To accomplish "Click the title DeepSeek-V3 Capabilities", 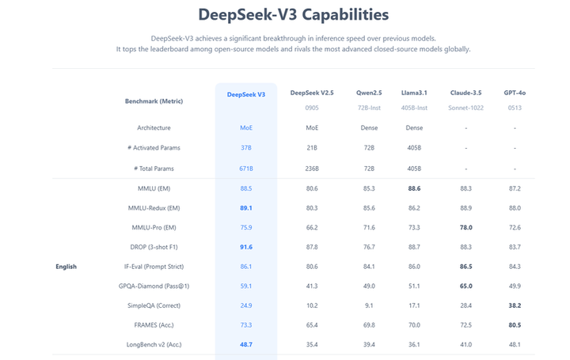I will click(x=293, y=14).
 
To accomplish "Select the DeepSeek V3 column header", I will click(x=246, y=94).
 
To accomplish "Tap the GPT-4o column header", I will click(x=515, y=93).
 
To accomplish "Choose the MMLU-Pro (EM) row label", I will click(x=153, y=228).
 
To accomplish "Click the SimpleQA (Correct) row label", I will click(x=153, y=305).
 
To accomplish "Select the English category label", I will click(x=66, y=267).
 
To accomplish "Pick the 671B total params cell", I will click(x=246, y=169).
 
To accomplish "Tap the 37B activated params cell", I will click(x=246, y=148).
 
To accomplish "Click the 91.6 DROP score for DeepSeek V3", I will click(x=246, y=247).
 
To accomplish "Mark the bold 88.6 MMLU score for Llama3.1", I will click(x=414, y=188).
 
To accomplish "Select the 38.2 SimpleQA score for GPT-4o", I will click(x=515, y=305).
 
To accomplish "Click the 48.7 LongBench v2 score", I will click(x=246, y=344).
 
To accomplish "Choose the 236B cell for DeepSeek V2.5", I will click(x=312, y=169).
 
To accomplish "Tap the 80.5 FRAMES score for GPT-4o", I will click(x=515, y=324).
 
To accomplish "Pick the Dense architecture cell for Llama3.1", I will click(x=414, y=127).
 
